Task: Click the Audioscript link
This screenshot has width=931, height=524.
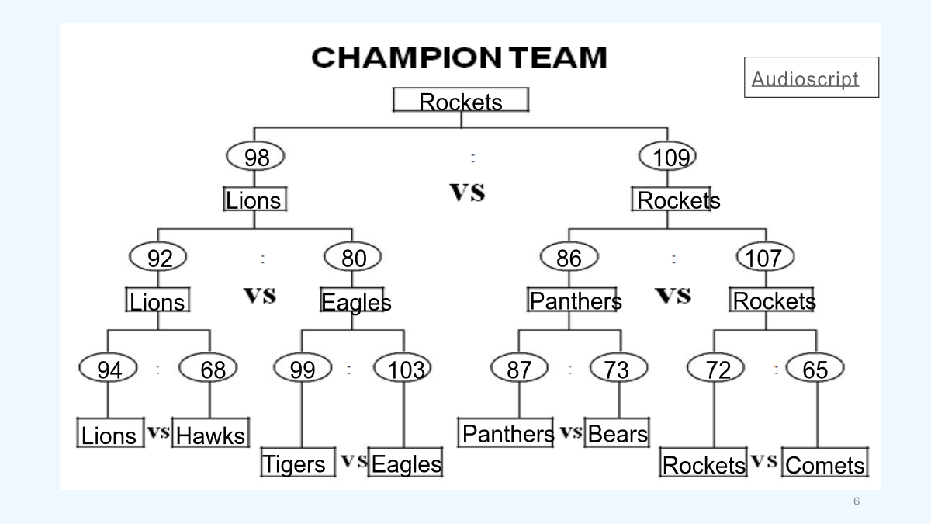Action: [805, 78]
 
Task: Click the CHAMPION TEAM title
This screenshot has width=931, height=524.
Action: [459, 57]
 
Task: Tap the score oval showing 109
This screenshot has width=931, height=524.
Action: [668, 157]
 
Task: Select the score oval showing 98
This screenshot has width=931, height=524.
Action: [256, 157]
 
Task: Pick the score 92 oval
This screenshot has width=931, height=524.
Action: [159, 258]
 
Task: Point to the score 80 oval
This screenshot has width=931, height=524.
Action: [353, 258]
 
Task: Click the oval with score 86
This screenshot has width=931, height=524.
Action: [569, 258]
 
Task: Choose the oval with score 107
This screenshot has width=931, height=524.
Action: [764, 258]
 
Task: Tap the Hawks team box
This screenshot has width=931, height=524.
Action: [209, 435]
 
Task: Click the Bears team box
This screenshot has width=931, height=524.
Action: [617, 433]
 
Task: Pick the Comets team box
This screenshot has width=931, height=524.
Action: [825, 464]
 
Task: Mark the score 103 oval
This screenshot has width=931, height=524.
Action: [403, 370]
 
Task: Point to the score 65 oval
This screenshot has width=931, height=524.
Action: [815, 370]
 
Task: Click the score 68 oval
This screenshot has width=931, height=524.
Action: [209, 370]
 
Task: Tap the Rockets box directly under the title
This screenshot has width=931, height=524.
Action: [461, 101]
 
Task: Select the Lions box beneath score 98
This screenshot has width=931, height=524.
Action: [254, 200]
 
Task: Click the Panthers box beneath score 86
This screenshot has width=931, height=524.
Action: [573, 300]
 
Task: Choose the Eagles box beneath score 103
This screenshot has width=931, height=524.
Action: [405, 463]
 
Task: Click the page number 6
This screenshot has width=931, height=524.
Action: [857, 501]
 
